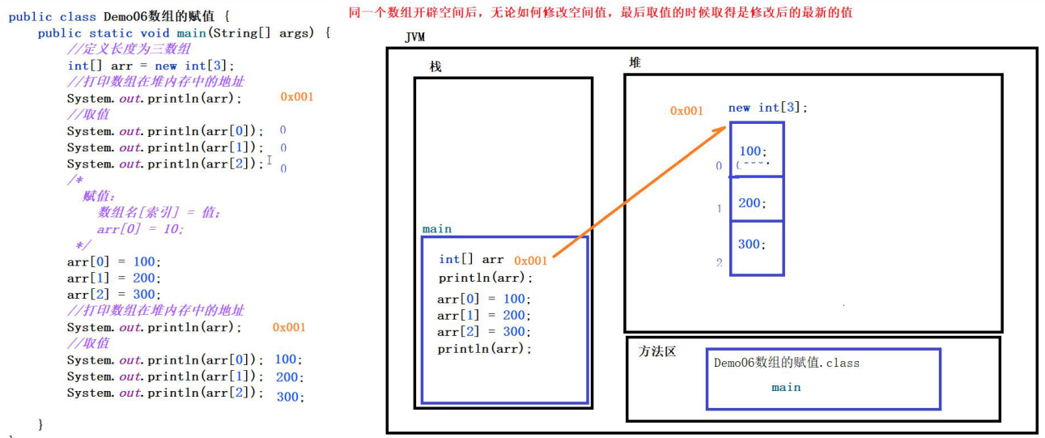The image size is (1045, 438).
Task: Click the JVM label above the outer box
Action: (414, 38)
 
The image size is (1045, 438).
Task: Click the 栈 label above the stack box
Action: (435, 66)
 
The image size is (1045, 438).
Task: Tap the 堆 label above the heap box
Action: (635, 62)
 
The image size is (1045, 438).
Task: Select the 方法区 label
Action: (656, 351)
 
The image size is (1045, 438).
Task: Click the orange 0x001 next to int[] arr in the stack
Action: (530, 260)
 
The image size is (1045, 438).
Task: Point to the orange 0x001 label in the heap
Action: (686, 111)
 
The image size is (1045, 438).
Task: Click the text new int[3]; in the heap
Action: (767, 108)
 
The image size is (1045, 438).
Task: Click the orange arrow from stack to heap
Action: (639, 193)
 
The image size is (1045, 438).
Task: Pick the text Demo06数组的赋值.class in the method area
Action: (786, 363)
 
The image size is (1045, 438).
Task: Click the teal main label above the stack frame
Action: (437, 229)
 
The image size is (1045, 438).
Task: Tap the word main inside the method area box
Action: (785, 387)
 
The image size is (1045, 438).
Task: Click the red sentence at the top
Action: (600, 12)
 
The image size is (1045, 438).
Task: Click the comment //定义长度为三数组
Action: (130, 49)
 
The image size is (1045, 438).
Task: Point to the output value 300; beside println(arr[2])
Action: (290, 397)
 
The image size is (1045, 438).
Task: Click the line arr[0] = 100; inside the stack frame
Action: (483, 299)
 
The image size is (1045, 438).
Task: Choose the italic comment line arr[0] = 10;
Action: (140, 228)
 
